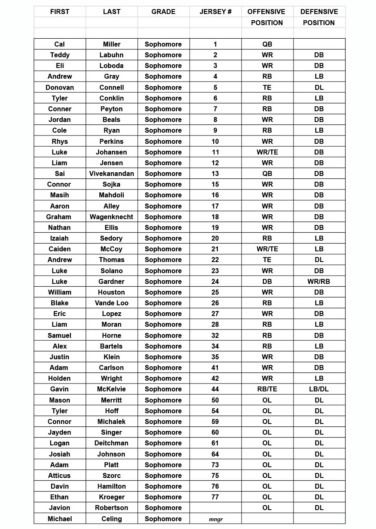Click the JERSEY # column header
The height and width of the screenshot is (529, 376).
(x=215, y=12)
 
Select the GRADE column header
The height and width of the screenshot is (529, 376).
(x=163, y=12)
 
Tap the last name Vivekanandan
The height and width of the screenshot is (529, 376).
(x=111, y=173)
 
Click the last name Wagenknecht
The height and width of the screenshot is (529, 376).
(x=111, y=217)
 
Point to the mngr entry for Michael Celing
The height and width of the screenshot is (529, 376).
(x=215, y=519)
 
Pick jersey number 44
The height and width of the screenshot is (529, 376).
(x=215, y=389)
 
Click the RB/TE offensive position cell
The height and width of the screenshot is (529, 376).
(x=267, y=389)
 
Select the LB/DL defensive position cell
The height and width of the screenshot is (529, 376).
(x=319, y=389)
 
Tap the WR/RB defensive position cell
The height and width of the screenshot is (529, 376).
(x=319, y=281)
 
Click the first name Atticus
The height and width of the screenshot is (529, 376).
(x=59, y=475)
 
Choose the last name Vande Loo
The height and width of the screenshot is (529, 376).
(x=111, y=303)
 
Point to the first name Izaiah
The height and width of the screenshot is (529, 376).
(x=59, y=238)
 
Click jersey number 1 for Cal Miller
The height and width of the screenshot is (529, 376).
(x=215, y=44)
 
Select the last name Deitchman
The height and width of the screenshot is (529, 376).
(x=111, y=443)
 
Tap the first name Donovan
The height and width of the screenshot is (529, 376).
(x=59, y=87)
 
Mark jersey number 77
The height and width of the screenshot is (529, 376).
(x=215, y=497)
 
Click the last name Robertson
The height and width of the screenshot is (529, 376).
(x=111, y=508)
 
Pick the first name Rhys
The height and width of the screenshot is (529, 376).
(x=59, y=141)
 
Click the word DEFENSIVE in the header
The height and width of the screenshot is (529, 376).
(x=319, y=12)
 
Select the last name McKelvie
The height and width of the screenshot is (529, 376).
(x=111, y=389)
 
